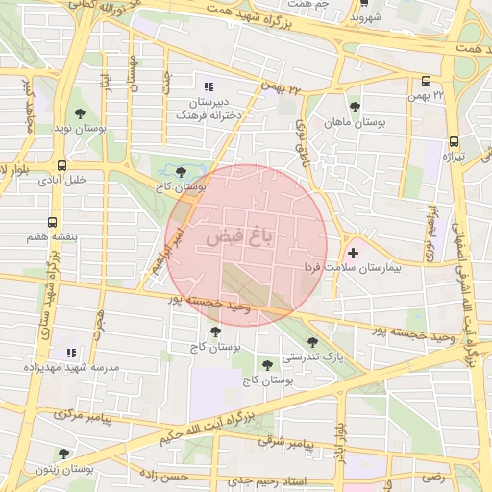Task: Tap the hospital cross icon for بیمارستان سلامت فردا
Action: (x=355, y=253)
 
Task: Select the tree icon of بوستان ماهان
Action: (x=356, y=107)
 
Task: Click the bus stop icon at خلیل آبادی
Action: (x=62, y=164)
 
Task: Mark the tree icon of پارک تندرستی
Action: (x=312, y=341)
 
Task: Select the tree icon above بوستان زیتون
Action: (x=63, y=454)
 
